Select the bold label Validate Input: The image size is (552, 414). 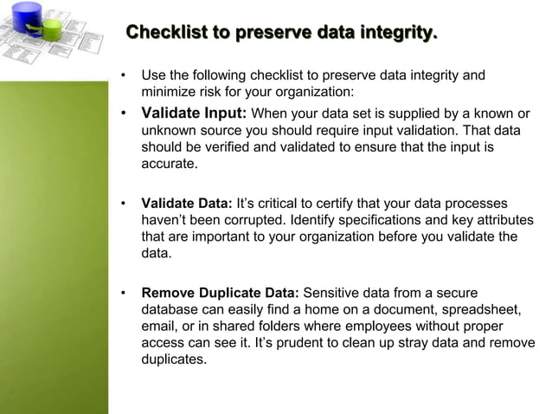coord(194,113)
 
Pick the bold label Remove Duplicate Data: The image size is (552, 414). coord(220,294)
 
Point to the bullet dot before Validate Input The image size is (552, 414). coord(125,114)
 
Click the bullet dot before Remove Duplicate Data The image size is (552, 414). coord(125,294)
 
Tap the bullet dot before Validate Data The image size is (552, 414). coord(125,204)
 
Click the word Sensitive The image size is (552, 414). coord(332,294)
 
